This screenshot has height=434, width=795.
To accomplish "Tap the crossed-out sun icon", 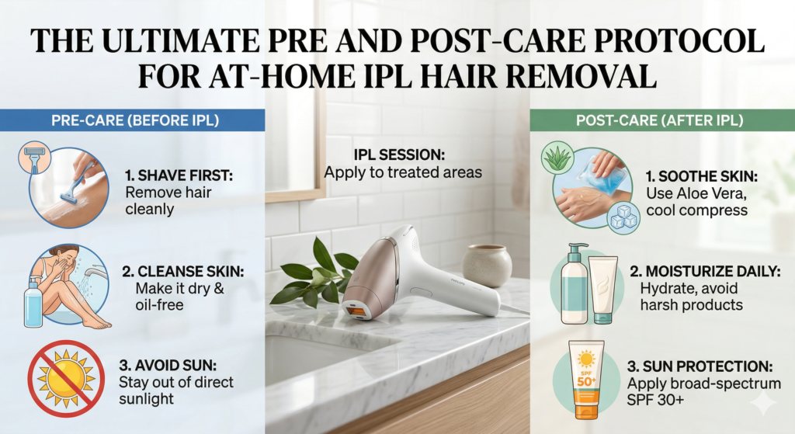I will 66,377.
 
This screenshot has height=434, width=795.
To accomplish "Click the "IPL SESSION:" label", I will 400,155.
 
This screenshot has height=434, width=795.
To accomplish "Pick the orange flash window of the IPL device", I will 357,309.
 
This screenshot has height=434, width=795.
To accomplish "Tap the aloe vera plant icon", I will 558,159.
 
